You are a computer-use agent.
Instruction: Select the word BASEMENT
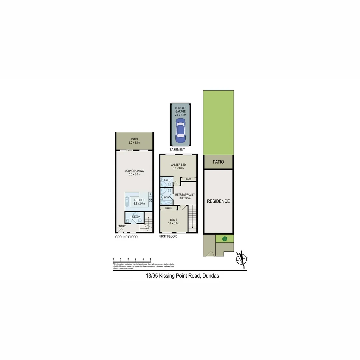click(177, 150)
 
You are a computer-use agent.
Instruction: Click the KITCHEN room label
click(139, 200)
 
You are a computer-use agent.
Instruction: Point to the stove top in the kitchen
click(151, 200)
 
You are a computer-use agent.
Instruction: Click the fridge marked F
click(151, 194)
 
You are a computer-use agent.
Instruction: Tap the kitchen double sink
click(127, 201)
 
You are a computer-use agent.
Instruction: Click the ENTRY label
click(121, 226)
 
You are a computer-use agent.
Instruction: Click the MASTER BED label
click(178, 165)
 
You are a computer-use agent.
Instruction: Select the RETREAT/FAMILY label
click(185, 194)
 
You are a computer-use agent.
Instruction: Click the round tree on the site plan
click(225, 239)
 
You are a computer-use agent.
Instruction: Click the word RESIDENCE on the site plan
click(218, 201)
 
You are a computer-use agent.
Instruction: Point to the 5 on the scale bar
click(151, 259)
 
